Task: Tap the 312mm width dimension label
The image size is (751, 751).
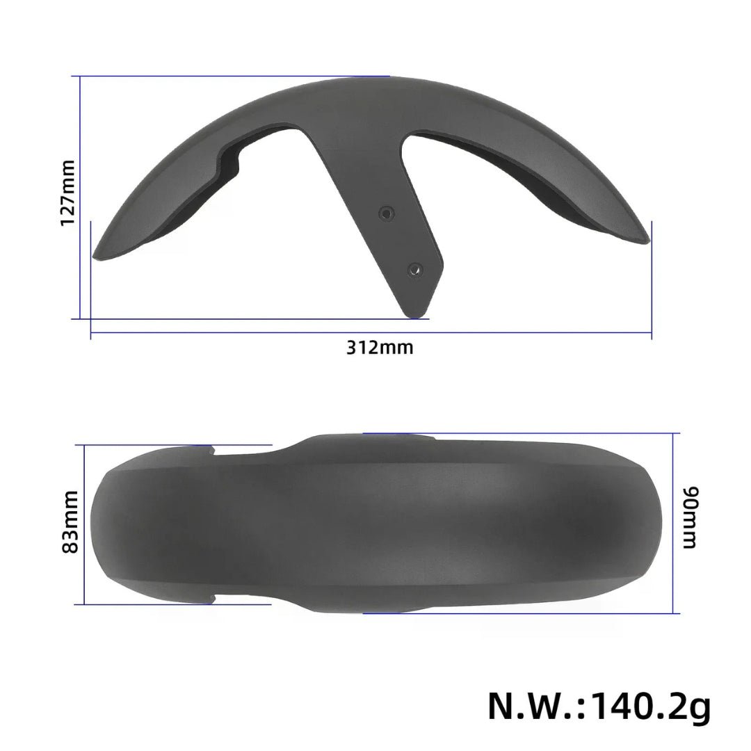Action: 380,347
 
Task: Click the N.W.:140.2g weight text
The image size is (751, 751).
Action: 599,705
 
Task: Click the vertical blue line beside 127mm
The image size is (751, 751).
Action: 81,197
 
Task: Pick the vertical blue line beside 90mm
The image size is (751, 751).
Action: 676,523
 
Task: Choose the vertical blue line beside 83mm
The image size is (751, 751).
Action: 84,524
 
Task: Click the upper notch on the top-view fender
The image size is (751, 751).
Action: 213,452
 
